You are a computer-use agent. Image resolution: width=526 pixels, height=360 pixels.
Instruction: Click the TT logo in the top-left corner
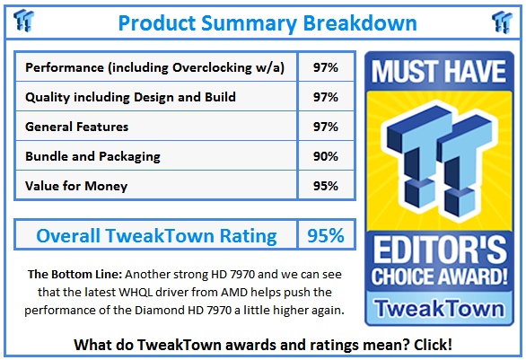[24, 21]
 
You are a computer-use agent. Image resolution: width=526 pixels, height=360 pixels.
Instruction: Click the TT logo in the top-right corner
[502, 22]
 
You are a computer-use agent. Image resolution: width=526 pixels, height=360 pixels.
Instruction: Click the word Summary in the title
[249, 23]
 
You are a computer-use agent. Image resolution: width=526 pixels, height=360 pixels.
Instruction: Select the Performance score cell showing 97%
[326, 67]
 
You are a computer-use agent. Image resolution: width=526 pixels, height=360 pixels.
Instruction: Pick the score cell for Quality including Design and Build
[326, 97]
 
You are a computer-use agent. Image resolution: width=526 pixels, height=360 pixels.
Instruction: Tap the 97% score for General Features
[326, 127]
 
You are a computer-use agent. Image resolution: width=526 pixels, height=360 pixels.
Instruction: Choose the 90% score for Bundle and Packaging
[326, 156]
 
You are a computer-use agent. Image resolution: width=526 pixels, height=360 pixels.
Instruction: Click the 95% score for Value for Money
[326, 186]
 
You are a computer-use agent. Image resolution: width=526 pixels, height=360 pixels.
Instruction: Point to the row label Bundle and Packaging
[93, 157]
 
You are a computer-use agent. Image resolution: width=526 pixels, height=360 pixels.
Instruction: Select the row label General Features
[77, 127]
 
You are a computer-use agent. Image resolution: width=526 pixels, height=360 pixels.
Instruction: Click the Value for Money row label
[76, 186]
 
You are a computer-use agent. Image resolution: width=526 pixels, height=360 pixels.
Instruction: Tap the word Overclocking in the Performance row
[212, 67]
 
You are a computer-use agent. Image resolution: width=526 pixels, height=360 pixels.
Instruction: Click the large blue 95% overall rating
[326, 235]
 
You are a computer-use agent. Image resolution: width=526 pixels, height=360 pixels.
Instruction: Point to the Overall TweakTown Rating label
[157, 235]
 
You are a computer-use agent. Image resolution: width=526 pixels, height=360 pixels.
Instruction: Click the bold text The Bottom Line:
[75, 274]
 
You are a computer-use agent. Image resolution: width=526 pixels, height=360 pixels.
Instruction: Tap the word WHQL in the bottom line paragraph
[133, 292]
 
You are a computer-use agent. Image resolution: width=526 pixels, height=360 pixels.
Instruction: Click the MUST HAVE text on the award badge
[439, 71]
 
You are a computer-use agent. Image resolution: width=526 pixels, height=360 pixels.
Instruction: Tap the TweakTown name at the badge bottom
[440, 308]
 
